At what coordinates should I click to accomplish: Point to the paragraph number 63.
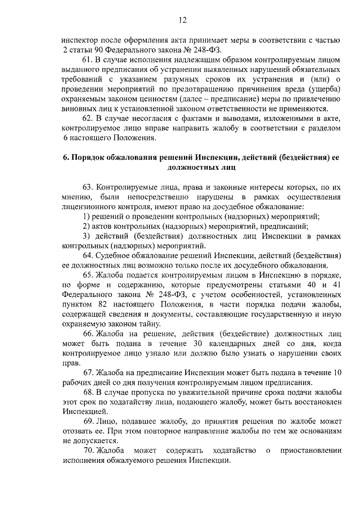[x=88, y=186]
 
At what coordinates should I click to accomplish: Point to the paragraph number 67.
[x=88, y=373]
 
